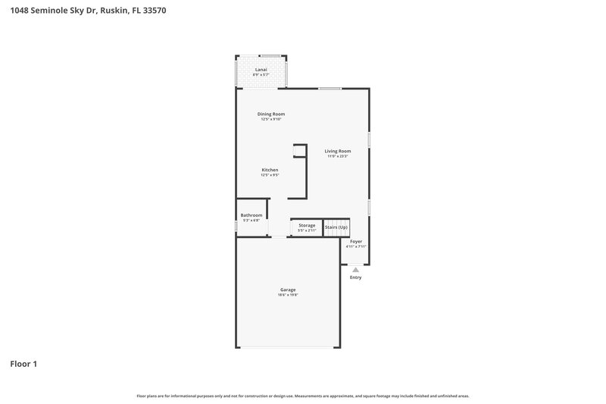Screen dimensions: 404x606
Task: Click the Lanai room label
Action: pos(261,70)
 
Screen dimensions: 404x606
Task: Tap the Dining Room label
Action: pos(271,114)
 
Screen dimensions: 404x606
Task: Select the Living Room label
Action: pos(338,151)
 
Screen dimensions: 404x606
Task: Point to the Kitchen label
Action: pos(270,170)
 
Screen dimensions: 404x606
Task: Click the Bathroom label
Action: pos(251,215)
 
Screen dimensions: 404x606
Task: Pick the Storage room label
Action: pos(307,225)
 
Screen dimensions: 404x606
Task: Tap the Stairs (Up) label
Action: pos(336,227)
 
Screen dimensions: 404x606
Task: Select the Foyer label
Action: pos(356,242)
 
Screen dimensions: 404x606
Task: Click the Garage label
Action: pos(288,290)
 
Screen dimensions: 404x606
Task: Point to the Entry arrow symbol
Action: pos(355,269)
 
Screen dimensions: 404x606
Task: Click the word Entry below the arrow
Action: pos(355,277)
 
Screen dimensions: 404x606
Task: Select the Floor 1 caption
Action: pos(23,364)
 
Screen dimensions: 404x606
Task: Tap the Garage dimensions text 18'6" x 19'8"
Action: pos(288,295)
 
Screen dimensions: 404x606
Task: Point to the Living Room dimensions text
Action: pos(338,156)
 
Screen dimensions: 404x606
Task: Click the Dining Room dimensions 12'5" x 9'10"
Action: pos(271,119)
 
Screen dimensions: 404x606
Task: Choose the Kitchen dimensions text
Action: pos(270,175)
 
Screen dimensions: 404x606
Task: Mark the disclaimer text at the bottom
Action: pos(303,396)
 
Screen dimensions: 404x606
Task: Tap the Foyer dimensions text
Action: pos(356,247)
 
